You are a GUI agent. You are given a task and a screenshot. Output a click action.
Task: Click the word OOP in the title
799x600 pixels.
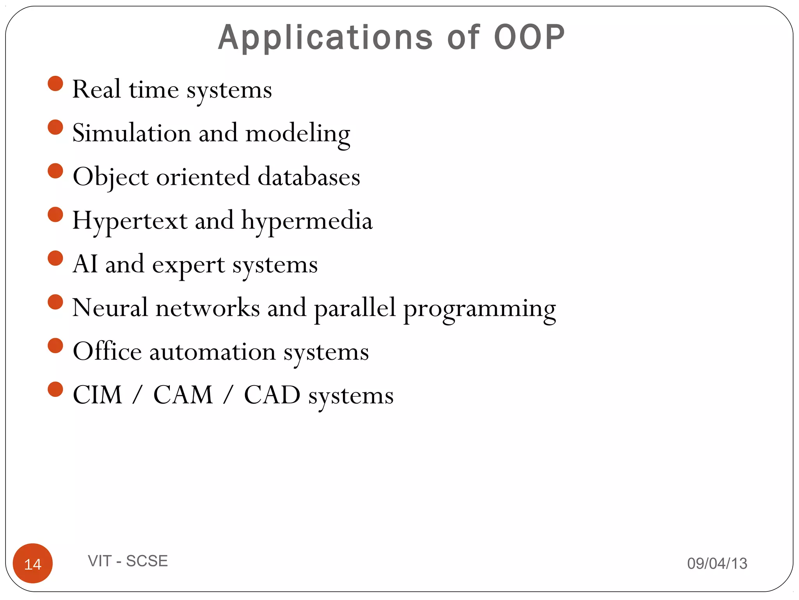click(529, 38)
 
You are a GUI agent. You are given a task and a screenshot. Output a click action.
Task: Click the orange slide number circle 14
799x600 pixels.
click(33, 563)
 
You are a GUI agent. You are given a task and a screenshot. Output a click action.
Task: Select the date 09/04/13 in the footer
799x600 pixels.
click(717, 563)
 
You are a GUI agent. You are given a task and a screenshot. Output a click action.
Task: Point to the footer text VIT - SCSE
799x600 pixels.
click(128, 561)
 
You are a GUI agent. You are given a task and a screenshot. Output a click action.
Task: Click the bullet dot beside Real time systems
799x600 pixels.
click(55, 84)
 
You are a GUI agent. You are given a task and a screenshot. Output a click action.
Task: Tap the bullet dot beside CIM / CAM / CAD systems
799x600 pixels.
click(55, 389)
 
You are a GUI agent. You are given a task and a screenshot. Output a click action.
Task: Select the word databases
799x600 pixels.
click(309, 177)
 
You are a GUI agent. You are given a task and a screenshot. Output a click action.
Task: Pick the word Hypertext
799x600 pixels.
click(130, 221)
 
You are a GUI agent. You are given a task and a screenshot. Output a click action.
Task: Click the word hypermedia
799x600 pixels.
click(307, 221)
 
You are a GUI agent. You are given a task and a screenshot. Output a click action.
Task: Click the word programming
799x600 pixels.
click(479, 309)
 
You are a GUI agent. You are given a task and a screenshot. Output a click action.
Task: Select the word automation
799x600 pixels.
click(213, 352)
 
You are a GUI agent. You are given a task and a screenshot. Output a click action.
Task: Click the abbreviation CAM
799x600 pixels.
click(183, 395)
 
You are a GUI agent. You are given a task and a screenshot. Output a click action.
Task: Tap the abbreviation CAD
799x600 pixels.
click(272, 395)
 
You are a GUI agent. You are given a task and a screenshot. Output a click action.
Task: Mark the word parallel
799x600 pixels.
click(355, 308)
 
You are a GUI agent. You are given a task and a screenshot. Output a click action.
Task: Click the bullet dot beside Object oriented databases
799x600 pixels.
click(55, 171)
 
